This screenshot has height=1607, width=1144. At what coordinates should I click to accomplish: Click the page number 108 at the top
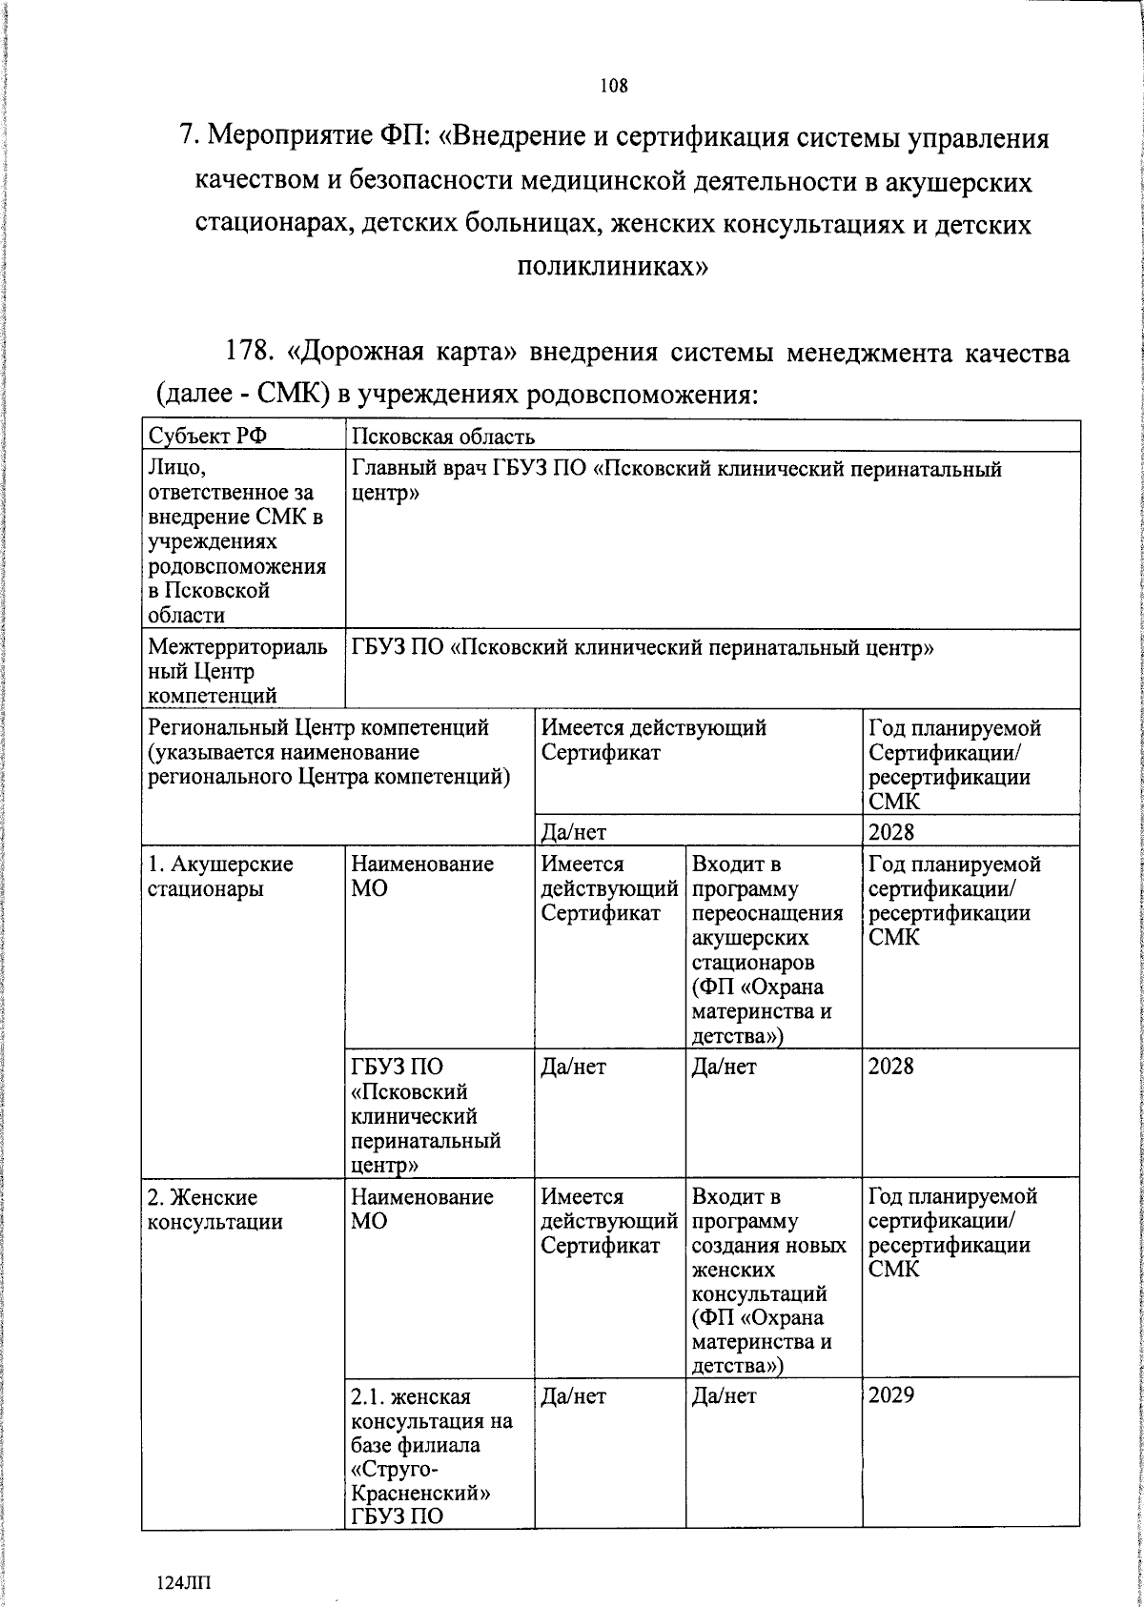coord(614,86)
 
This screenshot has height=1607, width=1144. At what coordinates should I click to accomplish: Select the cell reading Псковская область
coord(443,437)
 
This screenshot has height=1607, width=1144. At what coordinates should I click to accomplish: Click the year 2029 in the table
coord(891,1395)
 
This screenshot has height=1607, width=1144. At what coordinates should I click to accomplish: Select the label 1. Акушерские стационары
coord(219,877)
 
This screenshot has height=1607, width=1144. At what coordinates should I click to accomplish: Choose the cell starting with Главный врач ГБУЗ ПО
coord(677,480)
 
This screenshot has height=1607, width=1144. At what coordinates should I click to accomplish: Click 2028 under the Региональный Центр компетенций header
coord(891,832)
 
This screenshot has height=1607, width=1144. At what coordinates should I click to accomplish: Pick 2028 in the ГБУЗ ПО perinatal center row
coord(891,1066)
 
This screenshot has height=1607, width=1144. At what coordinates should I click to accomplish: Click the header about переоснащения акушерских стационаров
coord(767,949)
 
